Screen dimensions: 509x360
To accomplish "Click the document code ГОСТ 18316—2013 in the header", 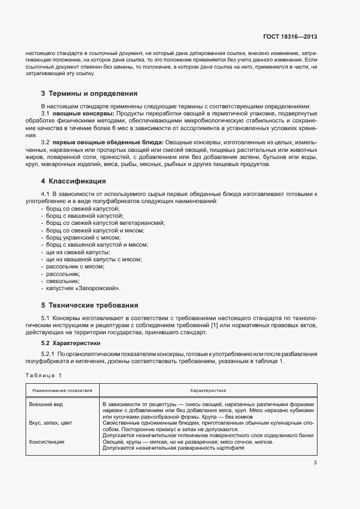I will click(290, 38).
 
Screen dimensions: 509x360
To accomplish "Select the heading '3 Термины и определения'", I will click(89, 93).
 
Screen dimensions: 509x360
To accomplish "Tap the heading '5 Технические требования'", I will click(89, 305).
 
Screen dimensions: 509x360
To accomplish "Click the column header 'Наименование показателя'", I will click(62, 390).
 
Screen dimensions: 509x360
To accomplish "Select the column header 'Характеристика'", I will click(208, 390).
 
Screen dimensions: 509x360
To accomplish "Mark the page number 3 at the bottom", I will click(315, 463).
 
